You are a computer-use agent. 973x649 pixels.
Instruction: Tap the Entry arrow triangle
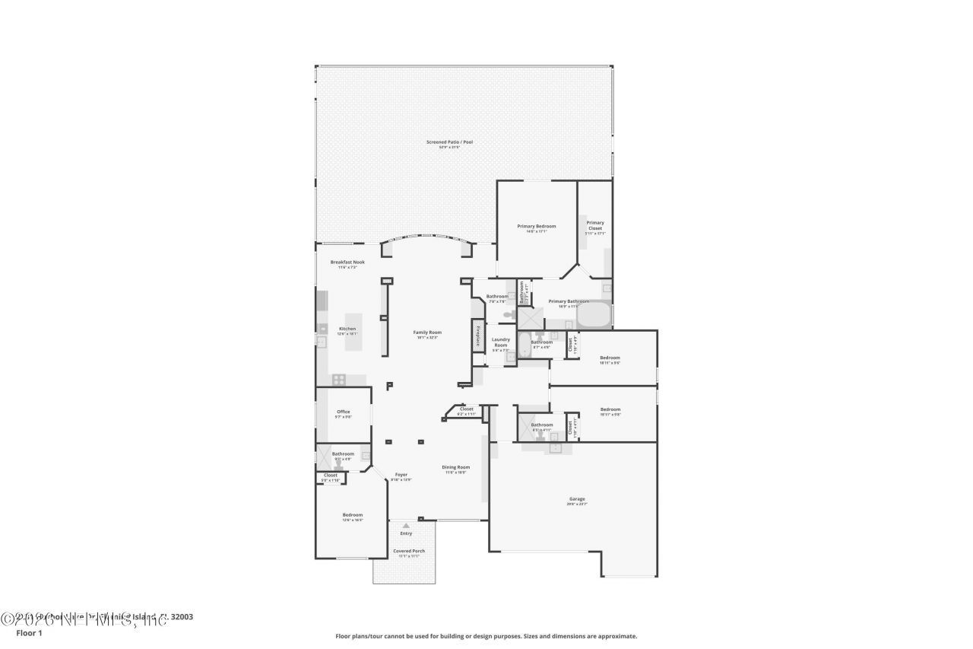pyautogui.click(x=406, y=525)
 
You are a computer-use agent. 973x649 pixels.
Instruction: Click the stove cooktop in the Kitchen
pyautogui.click(x=339, y=379)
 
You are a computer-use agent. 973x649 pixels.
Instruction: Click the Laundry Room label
pyautogui.click(x=501, y=342)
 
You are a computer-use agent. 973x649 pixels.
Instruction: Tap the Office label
pyautogui.click(x=344, y=412)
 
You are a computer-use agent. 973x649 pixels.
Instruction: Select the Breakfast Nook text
pyautogui.click(x=347, y=262)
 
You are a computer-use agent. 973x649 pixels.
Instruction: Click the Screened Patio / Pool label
pyautogui.click(x=450, y=142)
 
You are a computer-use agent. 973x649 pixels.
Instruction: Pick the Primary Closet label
pyautogui.click(x=595, y=225)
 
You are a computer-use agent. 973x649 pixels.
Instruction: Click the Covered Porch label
pyautogui.click(x=408, y=551)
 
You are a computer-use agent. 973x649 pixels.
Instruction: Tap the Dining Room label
pyautogui.click(x=456, y=467)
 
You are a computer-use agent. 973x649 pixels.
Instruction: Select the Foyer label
pyautogui.click(x=401, y=474)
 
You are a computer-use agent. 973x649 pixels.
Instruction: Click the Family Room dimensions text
pyautogui.click(x=427, y=338)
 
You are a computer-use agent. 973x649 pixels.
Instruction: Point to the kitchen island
pyautogui.click(x=354, y=332)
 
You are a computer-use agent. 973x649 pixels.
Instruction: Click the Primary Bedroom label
pyautogui.click(x=537, y=226)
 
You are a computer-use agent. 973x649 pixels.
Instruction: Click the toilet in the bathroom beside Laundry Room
pyautogui.click(x=508, y=313)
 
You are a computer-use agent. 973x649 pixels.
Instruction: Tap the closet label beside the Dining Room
pyautogui.click(x=466, y=409)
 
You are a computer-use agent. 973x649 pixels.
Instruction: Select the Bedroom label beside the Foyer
pyautogui.click(x=352, y=514)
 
